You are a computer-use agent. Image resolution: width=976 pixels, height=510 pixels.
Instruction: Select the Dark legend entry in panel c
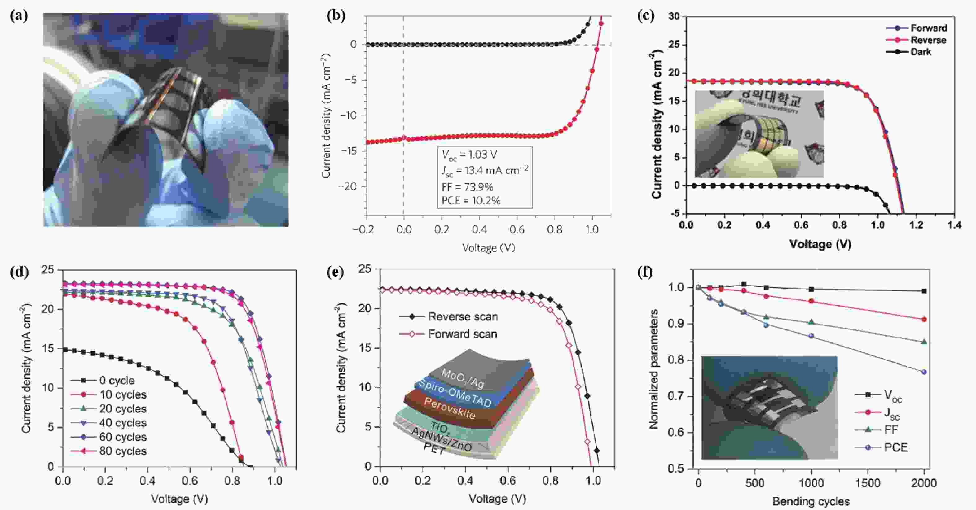click(920, 52)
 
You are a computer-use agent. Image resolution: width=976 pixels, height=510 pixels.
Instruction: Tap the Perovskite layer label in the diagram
click(449, 408)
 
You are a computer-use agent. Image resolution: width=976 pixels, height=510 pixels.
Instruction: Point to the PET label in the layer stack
click(434, 449)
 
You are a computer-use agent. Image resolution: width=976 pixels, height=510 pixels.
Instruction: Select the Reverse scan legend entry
click(463, 316)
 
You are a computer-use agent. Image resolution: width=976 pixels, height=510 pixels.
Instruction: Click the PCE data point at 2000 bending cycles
click(924, 372)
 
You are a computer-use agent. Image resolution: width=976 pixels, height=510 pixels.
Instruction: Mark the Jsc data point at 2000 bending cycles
click(924, 319)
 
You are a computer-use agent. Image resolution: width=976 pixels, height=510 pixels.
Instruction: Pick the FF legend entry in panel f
click(891, 430)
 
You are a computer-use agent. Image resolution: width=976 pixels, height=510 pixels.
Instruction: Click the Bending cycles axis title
click(811, 501)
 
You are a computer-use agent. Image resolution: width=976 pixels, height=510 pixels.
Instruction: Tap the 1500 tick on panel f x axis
click(868, 483)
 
